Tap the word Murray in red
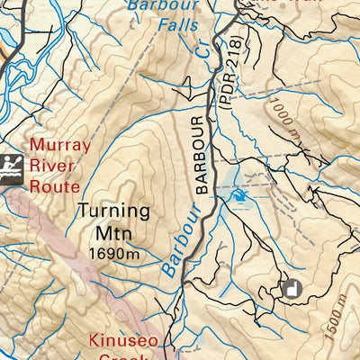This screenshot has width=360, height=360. [59, 146]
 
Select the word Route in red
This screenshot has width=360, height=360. [56, 187]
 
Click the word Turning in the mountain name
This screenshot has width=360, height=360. [113, 212]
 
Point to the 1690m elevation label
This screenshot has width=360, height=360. [113, 254]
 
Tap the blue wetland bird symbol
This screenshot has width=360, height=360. [239, 194]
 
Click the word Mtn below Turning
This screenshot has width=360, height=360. [113, 233]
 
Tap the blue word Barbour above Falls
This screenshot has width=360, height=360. [164, 5]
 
